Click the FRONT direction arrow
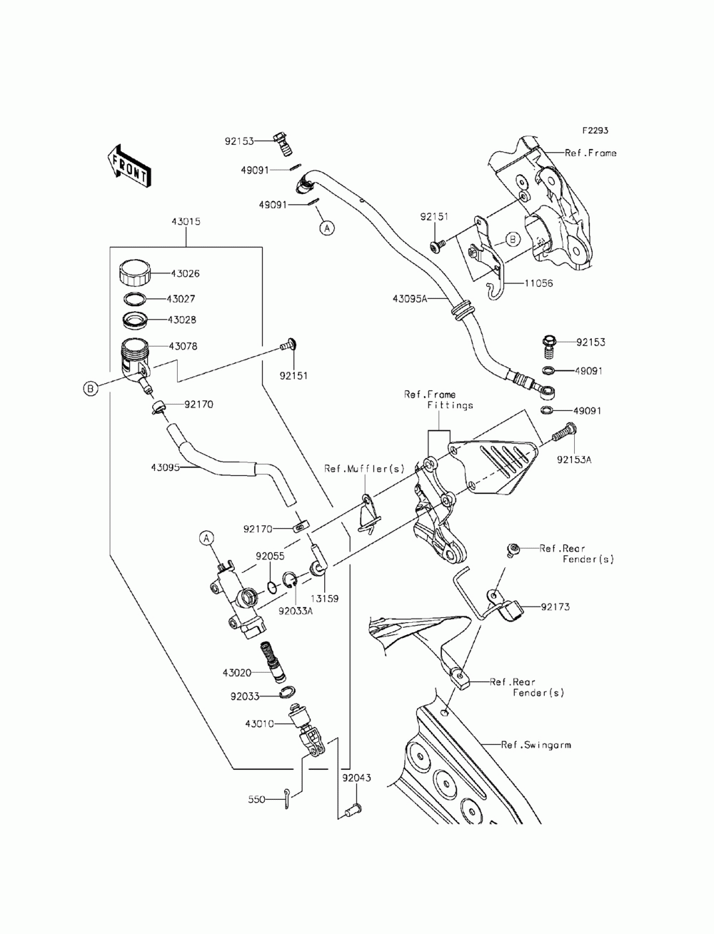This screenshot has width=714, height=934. (x=128, y=166)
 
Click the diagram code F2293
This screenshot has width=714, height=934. (x=595, y=130)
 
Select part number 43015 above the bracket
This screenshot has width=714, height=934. (x=186, y=221)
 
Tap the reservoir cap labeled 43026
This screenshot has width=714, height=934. (x=134, y=273)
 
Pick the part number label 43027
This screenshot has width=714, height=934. (x=181, y=299)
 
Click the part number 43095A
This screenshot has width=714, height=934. (x=409, y=299)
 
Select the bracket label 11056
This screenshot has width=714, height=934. (x=538, y=283)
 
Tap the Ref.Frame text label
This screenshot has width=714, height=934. (x=590, y=153)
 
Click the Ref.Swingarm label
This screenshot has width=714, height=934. (x=535, y=745)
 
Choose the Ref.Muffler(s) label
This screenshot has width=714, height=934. (x=364, y=469)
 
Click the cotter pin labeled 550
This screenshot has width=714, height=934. (x=287, y=799)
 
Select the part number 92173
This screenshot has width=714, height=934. (x=555, y=606)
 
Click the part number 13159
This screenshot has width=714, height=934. (x=324, y=598)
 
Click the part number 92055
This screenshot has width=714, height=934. (x=270, y=556)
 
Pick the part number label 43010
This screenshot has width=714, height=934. (x=259, y=724)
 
